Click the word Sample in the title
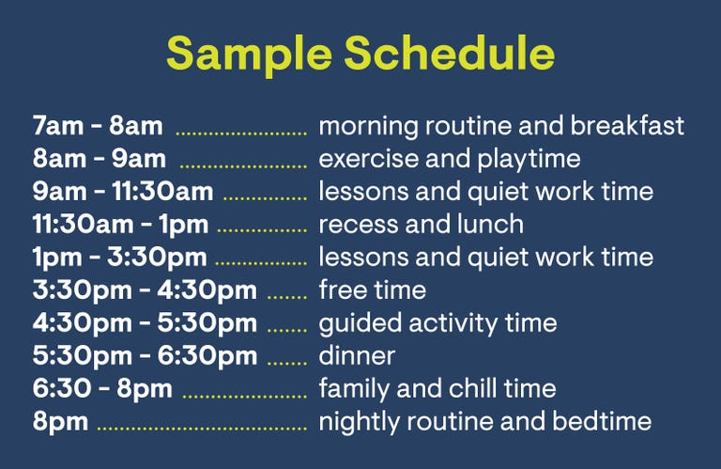click(249, 55)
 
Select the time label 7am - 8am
click(98, 126)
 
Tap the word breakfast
click(627, 126)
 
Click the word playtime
click(529, 160)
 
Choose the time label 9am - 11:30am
click(123, 192)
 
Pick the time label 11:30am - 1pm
click(120, 225)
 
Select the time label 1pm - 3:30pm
click(119, 258)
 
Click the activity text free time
click(373, 290)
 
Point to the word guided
click(360, 323)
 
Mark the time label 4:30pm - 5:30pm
click(145, 323)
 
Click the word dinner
click(357, 356)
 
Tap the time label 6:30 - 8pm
click(102, 389)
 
